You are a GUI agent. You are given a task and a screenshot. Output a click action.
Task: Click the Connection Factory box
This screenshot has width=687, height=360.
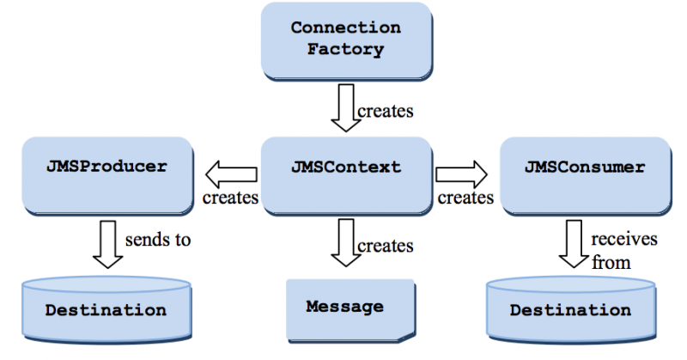(347, 39)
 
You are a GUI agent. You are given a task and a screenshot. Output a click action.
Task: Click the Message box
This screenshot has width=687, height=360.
(345, 308)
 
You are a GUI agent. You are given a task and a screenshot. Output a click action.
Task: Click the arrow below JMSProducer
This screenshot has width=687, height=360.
(109, 243)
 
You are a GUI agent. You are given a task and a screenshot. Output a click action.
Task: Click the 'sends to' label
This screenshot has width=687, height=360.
(158, 240)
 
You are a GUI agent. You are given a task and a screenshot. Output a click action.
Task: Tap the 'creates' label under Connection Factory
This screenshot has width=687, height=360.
(386, 111)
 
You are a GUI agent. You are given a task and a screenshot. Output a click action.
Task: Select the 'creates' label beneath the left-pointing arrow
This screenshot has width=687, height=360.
(230, 198)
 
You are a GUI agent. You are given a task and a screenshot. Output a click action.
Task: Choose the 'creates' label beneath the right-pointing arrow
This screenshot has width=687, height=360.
(465, 198)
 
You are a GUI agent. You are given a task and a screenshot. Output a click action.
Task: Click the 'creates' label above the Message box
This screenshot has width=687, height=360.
(386, 246)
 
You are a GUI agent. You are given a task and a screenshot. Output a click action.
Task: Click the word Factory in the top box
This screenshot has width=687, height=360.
(347, 50)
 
